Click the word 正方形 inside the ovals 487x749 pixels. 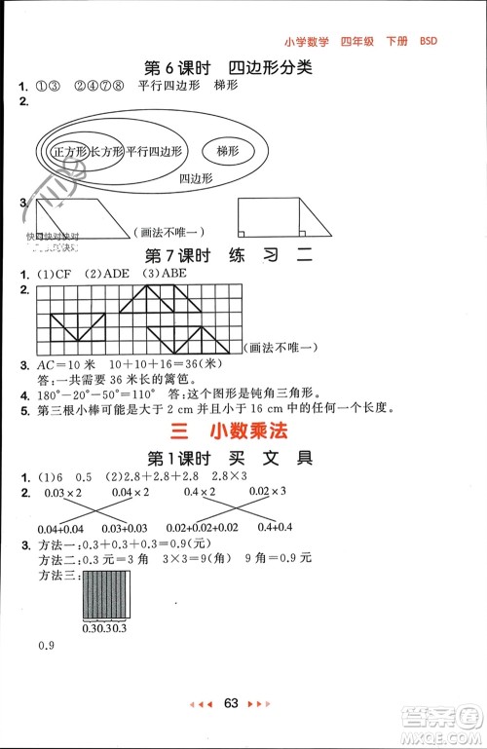coord(70,153)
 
